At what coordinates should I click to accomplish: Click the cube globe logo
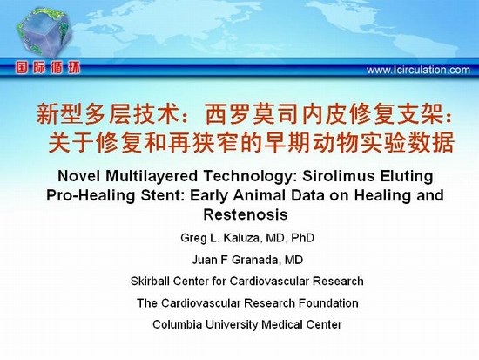point(44,32)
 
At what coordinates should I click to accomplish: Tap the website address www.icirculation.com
point(418,70)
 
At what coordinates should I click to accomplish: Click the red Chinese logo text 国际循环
point(48,68)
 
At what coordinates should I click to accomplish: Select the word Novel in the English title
point(79,176)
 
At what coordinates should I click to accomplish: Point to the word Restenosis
point(246,214)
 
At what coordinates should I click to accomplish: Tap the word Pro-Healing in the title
point(91,195)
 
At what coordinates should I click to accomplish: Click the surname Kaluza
point(243,238)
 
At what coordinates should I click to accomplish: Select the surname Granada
point(256,260)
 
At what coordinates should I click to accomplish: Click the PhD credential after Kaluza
point(303,238)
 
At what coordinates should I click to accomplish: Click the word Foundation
point(328,303)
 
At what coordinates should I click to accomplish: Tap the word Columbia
point(177,324)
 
